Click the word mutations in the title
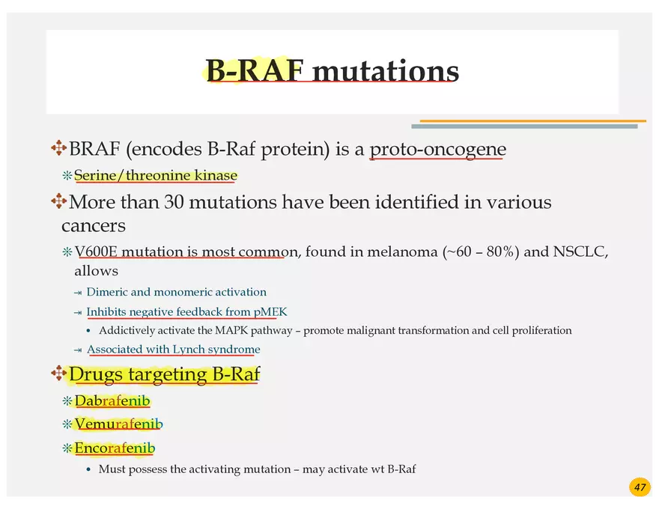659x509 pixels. point(385,72)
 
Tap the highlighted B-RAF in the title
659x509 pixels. point(254,72)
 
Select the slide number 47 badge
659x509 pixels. point(640,487)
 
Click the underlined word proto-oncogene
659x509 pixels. point(437,150)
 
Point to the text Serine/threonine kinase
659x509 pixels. point(156,176)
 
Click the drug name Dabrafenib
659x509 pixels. point(112,401)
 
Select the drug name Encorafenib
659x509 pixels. point(115,448)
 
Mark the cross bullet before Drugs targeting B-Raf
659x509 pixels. point(58,373)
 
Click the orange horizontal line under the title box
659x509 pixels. point(532,121)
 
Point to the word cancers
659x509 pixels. point(94,226)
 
